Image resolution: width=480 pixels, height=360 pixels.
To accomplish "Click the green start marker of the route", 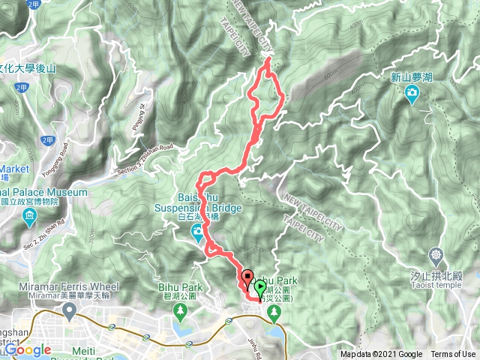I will click(259, 286).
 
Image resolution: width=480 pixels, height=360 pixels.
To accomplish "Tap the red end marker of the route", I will click(247, 277).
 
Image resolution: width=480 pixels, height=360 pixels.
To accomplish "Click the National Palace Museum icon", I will click(30, 218).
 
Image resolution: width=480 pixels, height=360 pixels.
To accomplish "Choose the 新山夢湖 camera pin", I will click(411, 94).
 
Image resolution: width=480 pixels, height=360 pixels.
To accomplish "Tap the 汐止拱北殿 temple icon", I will click(436, 256).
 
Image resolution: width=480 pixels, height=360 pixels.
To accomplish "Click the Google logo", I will click(28, 349).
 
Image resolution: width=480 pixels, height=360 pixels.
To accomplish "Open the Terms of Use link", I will click(453, 355).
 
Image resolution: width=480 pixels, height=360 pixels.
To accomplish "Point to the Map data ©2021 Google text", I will click(381, 355).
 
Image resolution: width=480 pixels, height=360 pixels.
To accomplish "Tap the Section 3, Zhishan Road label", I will click(145, 159).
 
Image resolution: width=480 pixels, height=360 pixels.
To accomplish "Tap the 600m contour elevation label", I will click(328, 75).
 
